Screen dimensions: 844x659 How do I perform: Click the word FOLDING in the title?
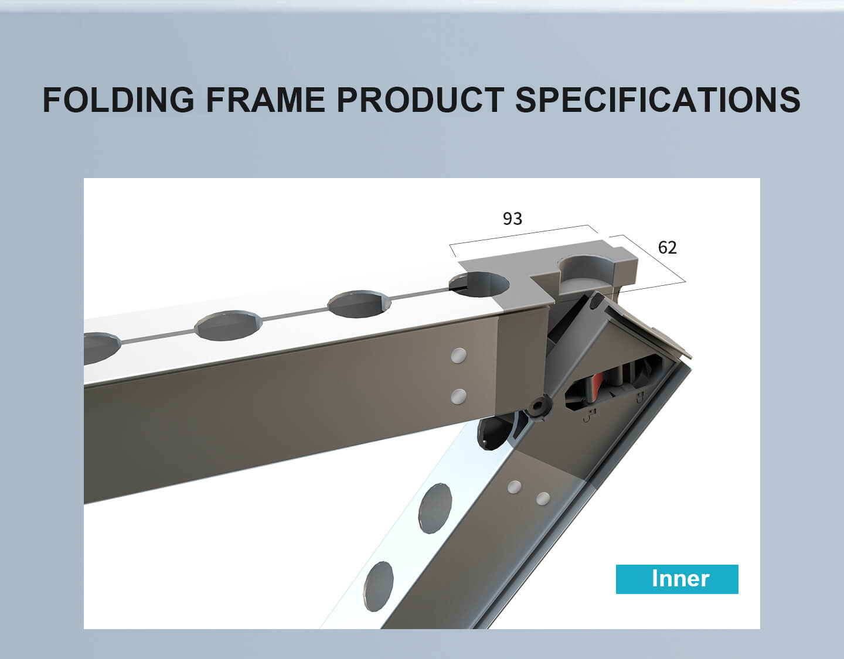[x=118, y=100]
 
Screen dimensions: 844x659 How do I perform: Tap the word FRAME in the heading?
[x=266, y=100]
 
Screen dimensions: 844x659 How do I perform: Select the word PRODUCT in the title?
[x=421, y=100]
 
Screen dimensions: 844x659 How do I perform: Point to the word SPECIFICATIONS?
[x=658, y=100]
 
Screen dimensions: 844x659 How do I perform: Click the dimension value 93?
[x=513, y=219]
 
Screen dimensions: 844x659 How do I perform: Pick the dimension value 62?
[x=667, y=248]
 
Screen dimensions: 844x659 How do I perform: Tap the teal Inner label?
[x=677, y=579]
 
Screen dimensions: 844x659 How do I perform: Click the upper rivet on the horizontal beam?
[x=459, y=356]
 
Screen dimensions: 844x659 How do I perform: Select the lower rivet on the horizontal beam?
[x=459, y=397]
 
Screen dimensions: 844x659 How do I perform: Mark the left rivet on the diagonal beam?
[x=515, y=487]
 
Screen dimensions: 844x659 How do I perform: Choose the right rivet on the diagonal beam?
[x=543, y=498]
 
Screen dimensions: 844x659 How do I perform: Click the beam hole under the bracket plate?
[x=479, y=285]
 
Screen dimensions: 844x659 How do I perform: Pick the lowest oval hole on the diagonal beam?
[x=378, y=586]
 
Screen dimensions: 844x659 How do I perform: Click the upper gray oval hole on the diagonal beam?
[x=435, y=508]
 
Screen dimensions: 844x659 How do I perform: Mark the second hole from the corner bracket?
[x=359, y=304]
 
